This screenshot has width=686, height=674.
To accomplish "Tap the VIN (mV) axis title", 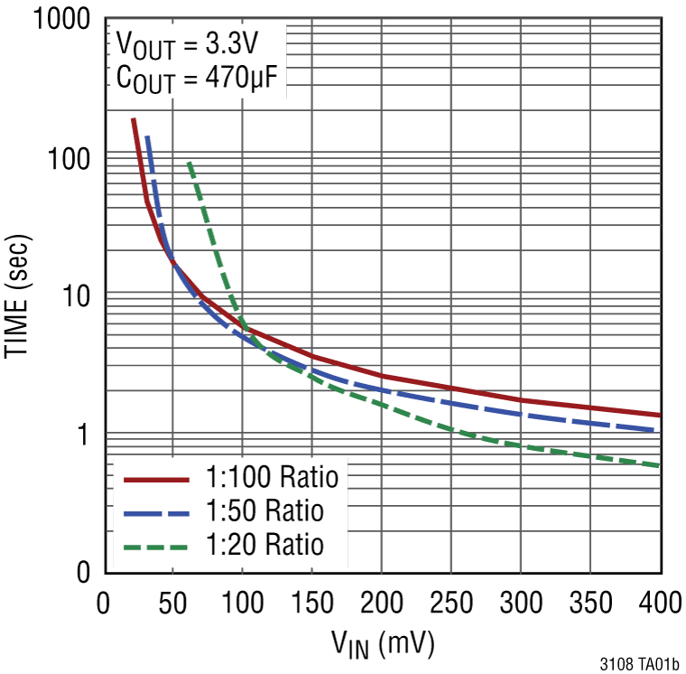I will (x=383, y=642).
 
